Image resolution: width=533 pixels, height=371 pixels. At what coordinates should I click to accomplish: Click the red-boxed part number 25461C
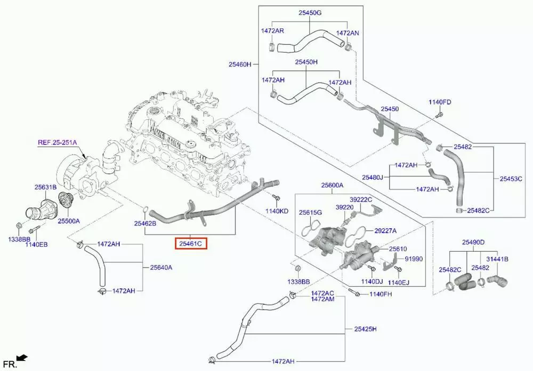click(191, 244)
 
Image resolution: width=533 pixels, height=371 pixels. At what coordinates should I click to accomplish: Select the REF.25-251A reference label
click(57, 142)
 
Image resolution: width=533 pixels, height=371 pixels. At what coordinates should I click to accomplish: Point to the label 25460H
click(240, 64)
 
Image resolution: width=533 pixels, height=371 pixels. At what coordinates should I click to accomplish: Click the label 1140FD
click(440, 102)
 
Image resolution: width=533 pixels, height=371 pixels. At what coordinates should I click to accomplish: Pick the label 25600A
click(332, 185)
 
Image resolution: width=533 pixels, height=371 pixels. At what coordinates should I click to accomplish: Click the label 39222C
click(362, 199)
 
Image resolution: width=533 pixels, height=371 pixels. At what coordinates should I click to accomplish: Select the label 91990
click(413, 259)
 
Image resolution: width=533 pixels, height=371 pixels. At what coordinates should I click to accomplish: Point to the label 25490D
click(473, 243)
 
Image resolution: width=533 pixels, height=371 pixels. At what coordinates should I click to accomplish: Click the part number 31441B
click(498, 259)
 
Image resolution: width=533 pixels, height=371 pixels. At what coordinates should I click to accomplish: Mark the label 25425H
click(365, 329)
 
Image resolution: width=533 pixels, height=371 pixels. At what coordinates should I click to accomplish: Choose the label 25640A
click(161, 268)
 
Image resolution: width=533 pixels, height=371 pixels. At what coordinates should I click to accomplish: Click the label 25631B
click(46, 187)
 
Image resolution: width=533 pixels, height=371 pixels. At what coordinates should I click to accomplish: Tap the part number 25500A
click(69, 221)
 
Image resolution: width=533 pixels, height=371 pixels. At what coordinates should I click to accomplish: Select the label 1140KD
click(277, 211)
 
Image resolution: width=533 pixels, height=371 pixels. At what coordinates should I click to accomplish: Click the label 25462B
click(145, 224)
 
